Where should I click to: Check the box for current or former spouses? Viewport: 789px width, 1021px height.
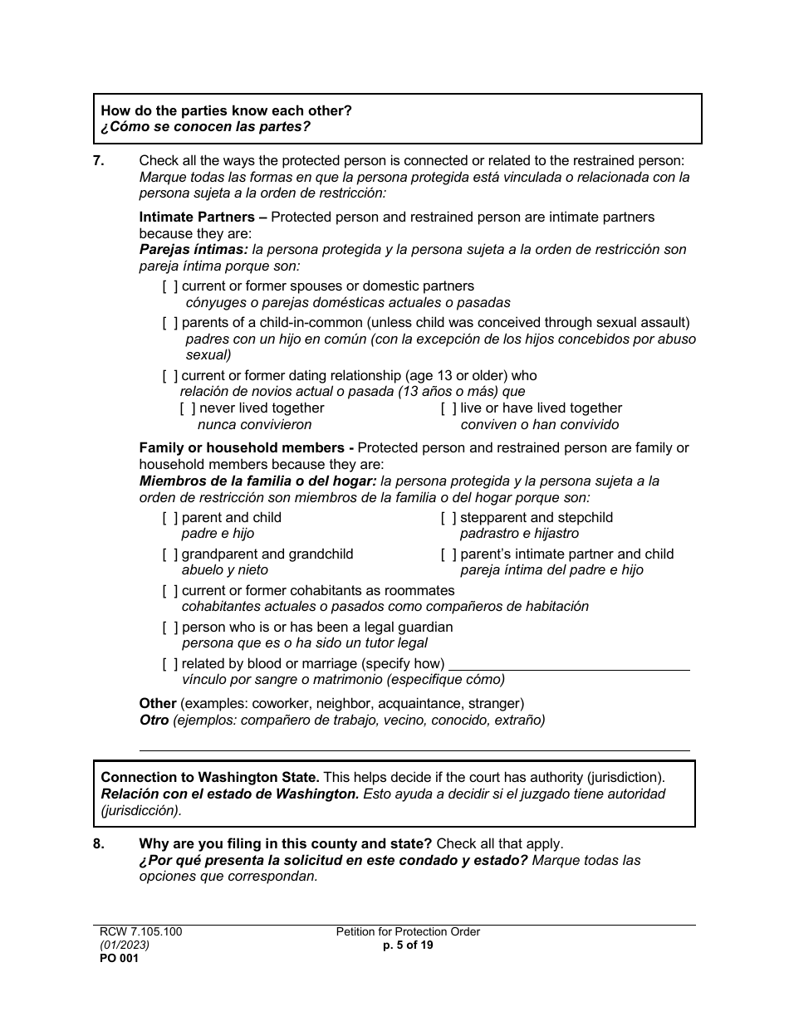170,286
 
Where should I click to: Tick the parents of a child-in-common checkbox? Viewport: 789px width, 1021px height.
170,323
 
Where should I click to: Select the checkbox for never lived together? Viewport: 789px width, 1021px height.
189,408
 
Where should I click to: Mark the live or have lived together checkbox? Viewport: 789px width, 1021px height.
448,408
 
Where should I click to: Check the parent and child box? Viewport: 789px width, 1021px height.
170,518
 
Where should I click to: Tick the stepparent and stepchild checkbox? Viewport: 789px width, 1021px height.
448,518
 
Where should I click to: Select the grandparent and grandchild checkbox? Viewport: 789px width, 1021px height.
170,554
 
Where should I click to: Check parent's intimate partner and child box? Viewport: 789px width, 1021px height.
448,554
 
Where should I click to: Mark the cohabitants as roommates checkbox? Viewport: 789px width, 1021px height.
170,591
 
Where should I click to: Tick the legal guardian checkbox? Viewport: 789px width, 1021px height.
170,628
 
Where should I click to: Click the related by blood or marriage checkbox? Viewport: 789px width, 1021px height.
170,664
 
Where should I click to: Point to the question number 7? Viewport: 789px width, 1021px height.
99,161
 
